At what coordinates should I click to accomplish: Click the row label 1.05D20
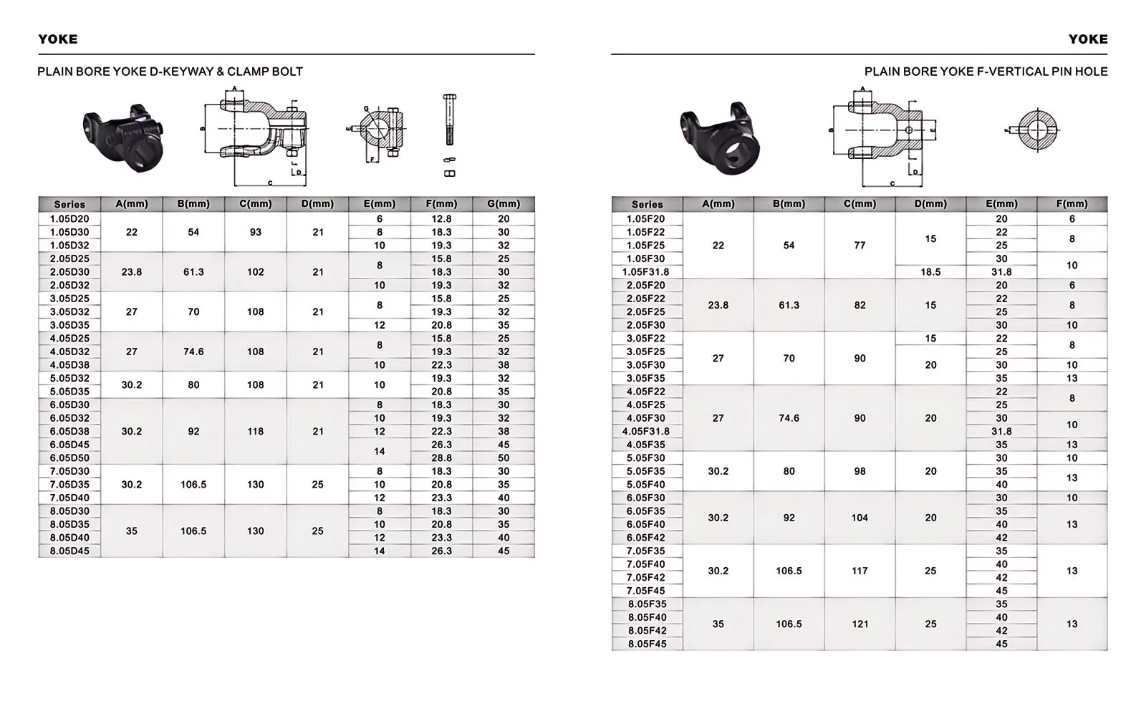(69, 219)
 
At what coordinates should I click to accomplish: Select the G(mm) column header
(504, 204)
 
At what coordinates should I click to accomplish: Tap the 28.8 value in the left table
(441, 458)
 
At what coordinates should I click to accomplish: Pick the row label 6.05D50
(69, 458)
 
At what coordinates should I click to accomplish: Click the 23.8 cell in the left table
(132, 272)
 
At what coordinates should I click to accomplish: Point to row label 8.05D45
(69, 551)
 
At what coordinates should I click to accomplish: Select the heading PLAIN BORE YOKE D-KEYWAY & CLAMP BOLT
(170, 72)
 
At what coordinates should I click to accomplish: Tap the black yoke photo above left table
(123, 137)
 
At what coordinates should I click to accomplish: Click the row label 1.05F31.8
(646, 272)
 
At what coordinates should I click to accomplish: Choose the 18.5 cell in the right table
(930, 272)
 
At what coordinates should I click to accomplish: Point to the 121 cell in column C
(860, 624)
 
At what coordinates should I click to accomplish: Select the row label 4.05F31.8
(646, 432)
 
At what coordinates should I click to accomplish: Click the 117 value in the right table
(860, 571)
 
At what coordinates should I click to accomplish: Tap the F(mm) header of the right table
(1072, 204)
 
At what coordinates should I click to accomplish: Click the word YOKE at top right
(1087, 39)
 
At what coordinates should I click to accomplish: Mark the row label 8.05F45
(646, 644)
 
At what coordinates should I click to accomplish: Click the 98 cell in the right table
(860, 472)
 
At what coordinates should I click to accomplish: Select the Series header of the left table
(69, 205)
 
